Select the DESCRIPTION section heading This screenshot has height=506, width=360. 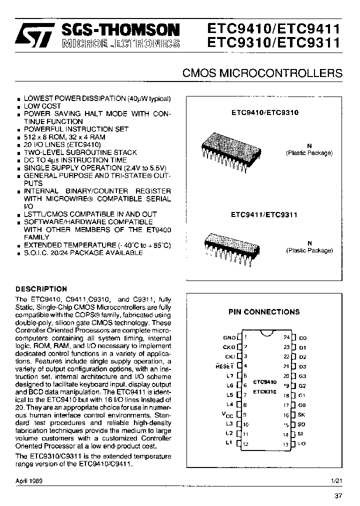tap(41, 289)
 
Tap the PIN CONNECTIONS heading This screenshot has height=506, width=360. tap(264, 312)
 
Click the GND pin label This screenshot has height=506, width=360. tap(229, 338)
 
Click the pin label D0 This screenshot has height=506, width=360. tap(302, 338)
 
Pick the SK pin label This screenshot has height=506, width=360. tap(302, 415)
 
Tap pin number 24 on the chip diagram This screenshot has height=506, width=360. tap(286, 337)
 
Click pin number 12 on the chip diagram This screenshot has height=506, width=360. tap(246, 444)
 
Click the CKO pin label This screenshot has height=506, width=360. tap(229, 347)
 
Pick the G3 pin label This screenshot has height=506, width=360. tap(302, 376)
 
